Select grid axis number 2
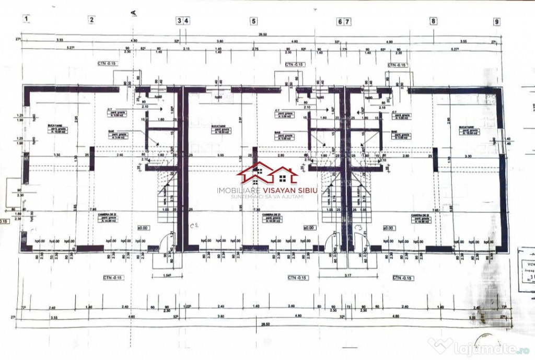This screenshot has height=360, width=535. coord(91,20)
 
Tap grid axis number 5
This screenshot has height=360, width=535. coord(254,21)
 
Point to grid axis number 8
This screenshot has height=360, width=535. coord(433,21)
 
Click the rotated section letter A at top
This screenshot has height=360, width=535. coord(133,11)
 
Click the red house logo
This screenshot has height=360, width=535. coord(267,174)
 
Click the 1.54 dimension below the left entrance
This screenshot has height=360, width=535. coord(168,275)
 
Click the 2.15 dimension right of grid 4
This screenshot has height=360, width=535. coord(187,49)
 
